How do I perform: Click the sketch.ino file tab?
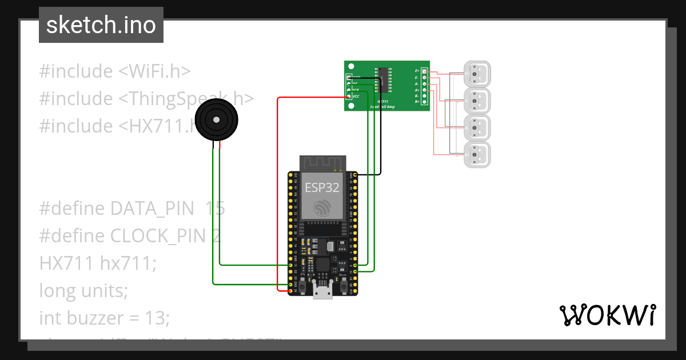101,25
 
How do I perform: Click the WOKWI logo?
607,315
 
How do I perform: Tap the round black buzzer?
216,119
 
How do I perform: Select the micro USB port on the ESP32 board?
323,292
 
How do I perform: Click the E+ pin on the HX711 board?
424,71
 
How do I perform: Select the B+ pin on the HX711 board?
424,102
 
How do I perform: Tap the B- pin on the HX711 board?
424,95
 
